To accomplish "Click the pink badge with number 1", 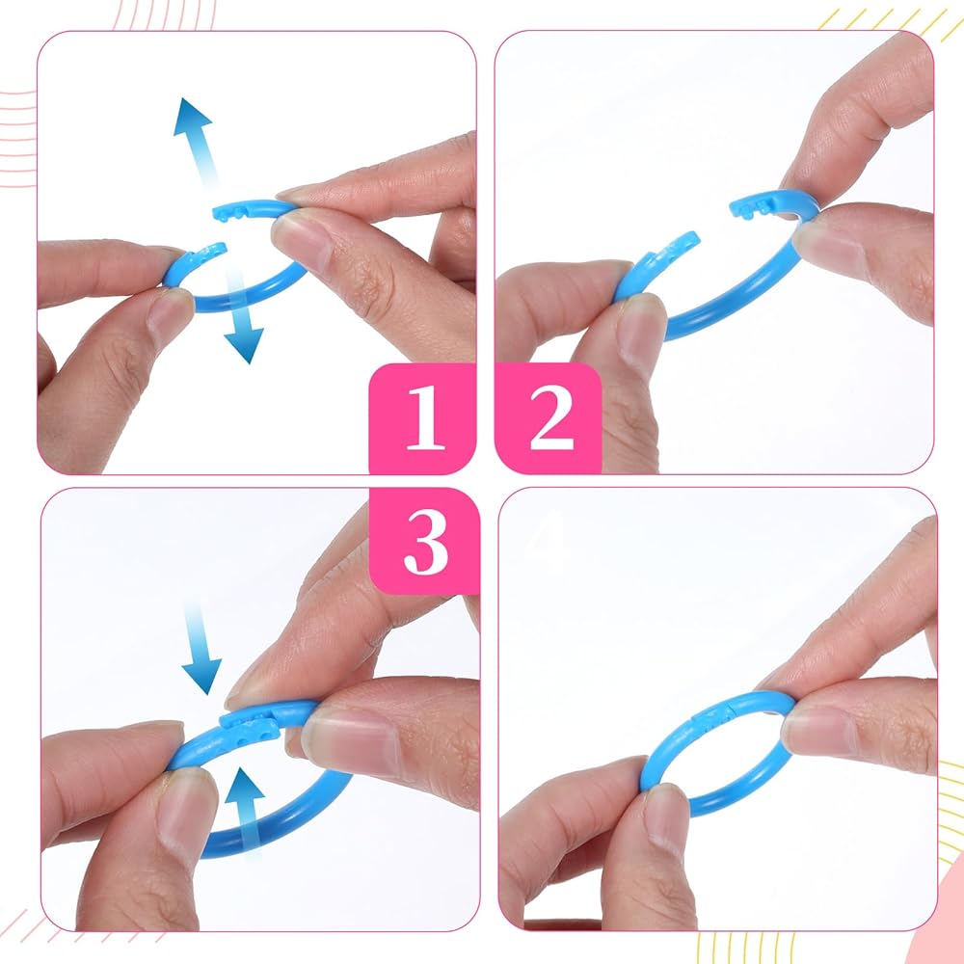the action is [422, 418].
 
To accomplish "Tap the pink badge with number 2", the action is [549, 418].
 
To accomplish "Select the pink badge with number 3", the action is [424, 541].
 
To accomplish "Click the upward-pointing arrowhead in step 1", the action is [191, 117].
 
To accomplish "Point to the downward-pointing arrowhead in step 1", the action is [245, 345].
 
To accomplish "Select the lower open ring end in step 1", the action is [209, 252].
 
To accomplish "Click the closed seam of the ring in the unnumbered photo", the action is [713, 716].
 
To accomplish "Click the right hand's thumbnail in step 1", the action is [301, 237].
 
